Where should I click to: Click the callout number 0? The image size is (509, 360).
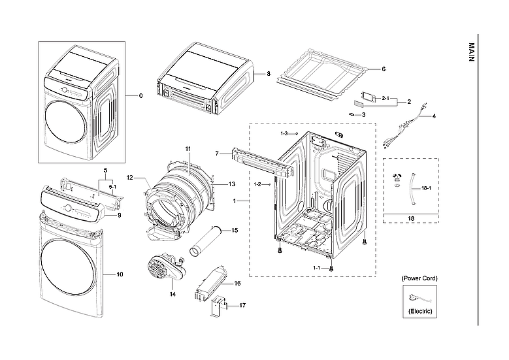[140, 96]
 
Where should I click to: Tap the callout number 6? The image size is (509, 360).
[383, 69]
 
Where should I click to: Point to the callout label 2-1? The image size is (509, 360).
[386, 98]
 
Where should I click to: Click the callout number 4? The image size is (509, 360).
[433, 116]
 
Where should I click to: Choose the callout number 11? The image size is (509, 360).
[188, 150]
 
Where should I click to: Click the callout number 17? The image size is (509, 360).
[242, 305]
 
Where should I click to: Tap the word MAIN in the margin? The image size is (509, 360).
[471, 53]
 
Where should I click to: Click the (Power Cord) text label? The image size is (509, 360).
[419, 278]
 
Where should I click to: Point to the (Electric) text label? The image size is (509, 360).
[419, 312]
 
